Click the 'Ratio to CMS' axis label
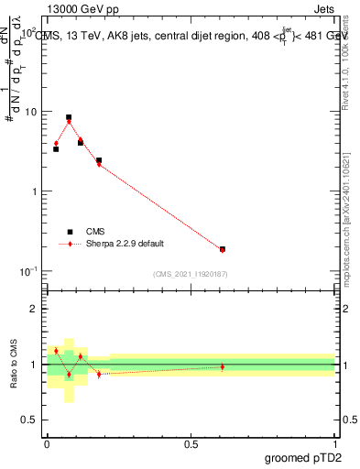tap(14, 364)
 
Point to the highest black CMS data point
tap(69, 117)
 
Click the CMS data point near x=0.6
tap(223, 248)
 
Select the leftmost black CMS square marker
tap(56, 148)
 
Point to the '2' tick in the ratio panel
tap(35, 309)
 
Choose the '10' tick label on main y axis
tap(29, 112)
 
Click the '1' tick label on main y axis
tap(34, 191)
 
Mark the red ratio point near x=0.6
tap(223, 366)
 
